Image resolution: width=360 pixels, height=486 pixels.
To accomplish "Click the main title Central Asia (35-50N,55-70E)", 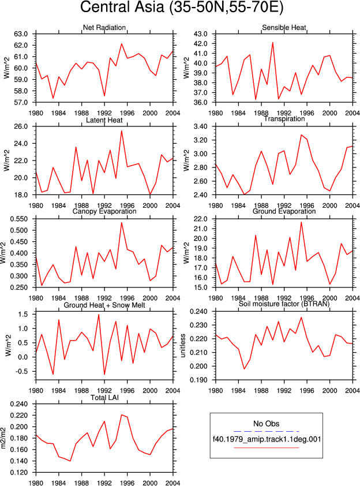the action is (182, 7).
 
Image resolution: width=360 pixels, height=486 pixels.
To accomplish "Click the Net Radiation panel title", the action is (104, 28).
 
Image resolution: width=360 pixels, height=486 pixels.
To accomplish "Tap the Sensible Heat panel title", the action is (284, 28).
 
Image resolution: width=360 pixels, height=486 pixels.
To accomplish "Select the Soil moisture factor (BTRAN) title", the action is (284, 304).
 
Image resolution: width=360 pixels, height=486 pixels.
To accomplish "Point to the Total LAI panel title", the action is (104, 398).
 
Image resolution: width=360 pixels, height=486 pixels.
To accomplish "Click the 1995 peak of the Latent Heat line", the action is (122, 130).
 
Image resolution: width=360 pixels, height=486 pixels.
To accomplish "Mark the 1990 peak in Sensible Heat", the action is (273, 43).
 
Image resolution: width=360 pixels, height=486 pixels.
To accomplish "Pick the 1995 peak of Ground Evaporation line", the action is (301, 222).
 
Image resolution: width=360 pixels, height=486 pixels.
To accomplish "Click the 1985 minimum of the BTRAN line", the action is (244, 369).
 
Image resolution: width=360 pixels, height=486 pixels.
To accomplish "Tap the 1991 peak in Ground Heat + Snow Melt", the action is (99, 315).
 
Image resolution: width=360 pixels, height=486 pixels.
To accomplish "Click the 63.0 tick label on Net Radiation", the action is (21, 34).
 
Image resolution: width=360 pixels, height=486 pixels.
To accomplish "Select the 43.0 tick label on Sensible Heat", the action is (200, 34).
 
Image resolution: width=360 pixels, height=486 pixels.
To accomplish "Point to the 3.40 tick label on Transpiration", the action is (200, 126).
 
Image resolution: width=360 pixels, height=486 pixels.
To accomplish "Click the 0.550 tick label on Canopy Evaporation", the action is (19, 219).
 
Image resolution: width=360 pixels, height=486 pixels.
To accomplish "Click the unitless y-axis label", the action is (183, 346).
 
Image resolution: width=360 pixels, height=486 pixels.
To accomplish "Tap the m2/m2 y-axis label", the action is (3, 438).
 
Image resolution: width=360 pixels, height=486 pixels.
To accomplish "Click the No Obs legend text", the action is (267, 424).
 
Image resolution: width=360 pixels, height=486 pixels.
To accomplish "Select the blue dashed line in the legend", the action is (267, 431).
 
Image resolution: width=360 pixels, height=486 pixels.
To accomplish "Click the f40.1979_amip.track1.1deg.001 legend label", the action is (267, 439).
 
